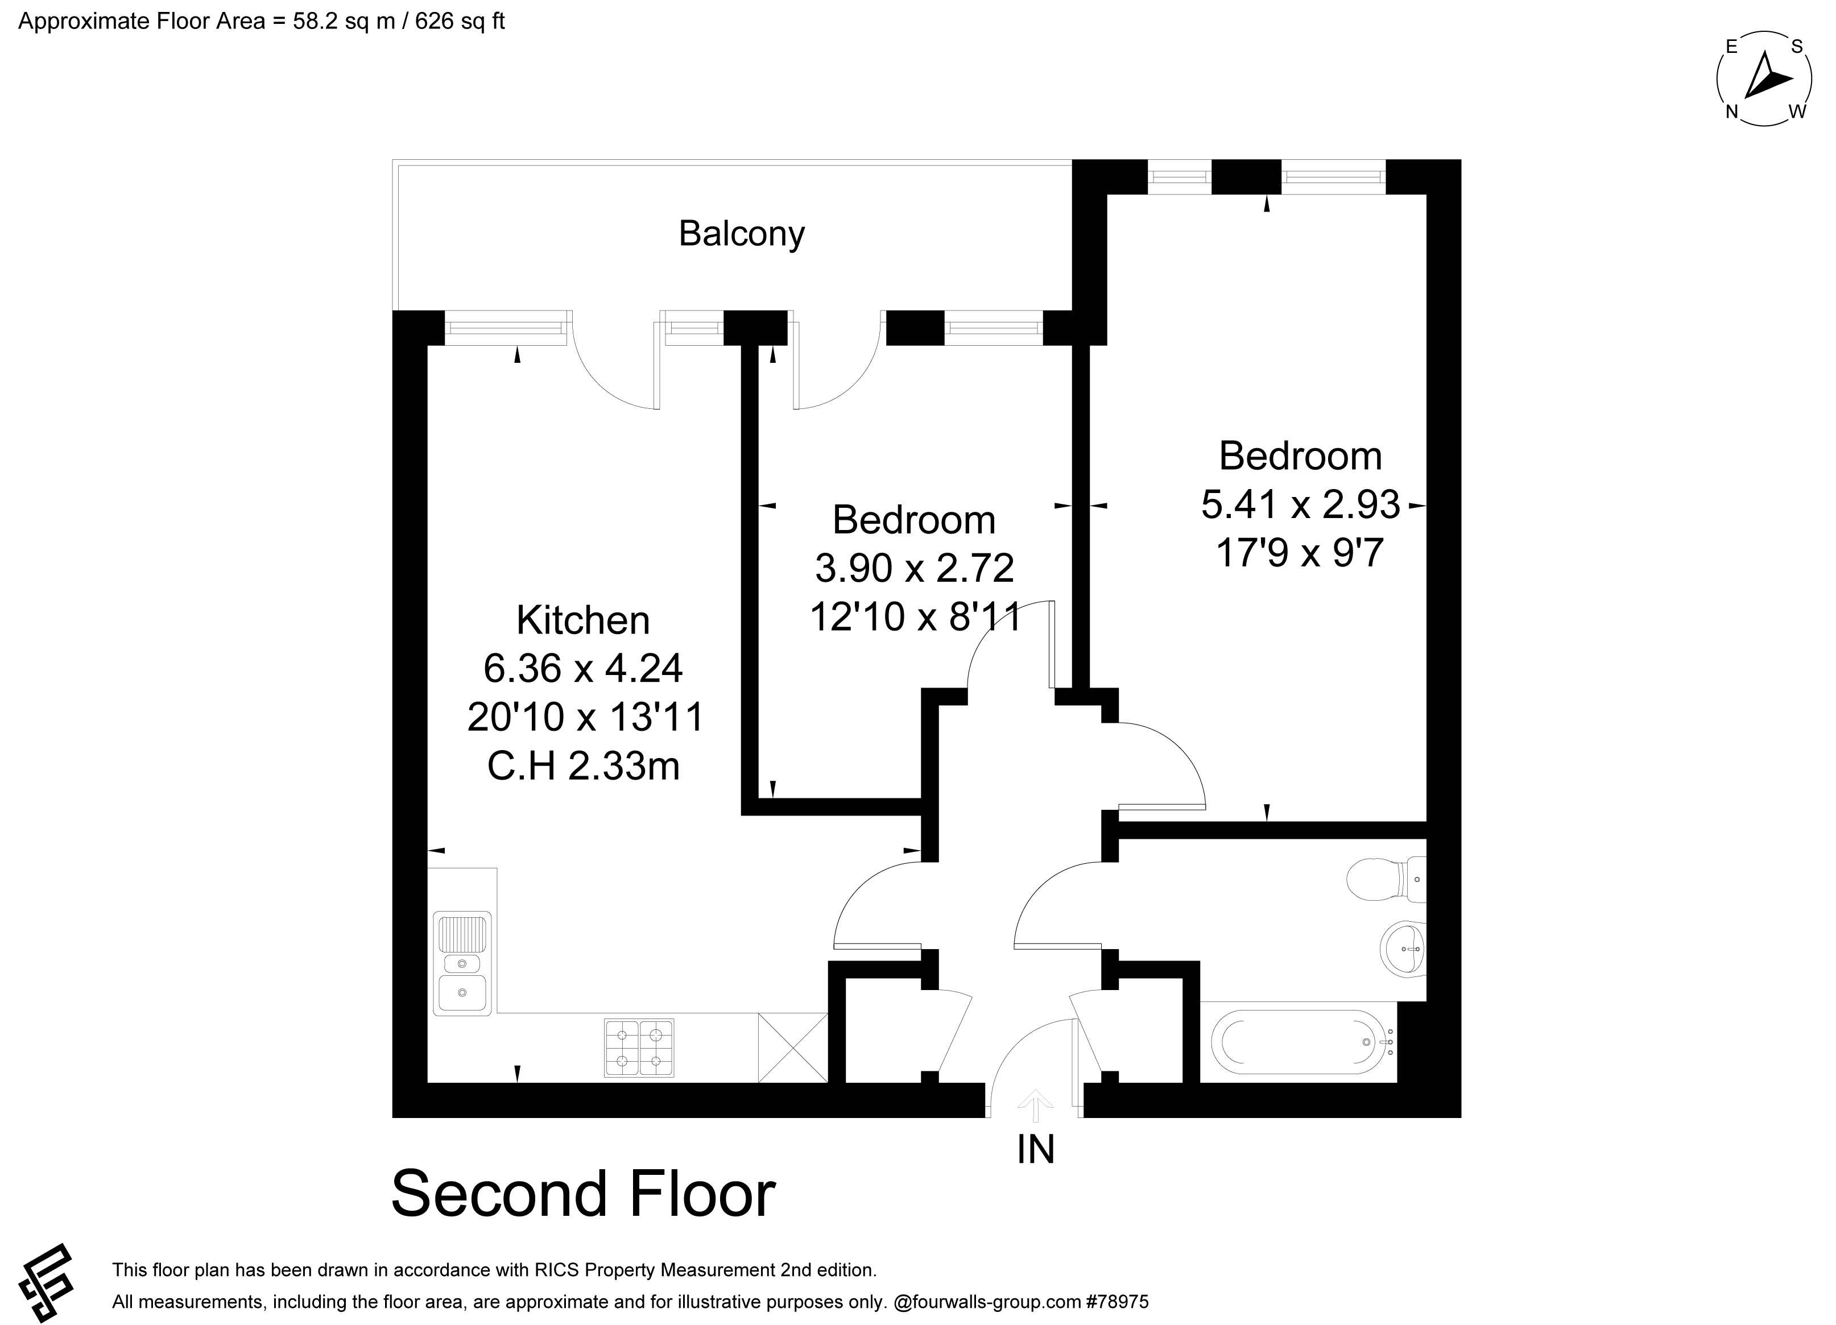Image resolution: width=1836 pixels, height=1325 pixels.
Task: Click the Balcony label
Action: (x=742, y=234)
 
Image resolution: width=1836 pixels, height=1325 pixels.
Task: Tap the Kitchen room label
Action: (x=583, y=621)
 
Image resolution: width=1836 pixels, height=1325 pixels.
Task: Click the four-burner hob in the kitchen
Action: (x=639, y=1048)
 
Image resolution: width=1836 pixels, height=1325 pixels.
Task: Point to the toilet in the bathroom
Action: (x=1386, y=879)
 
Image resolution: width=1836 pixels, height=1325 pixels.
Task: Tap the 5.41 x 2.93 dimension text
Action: (x=1300, y=505)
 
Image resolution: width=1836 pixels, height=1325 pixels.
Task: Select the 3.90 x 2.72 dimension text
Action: (x=914, y=568)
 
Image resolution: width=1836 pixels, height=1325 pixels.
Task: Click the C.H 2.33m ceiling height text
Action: (x=583, y=765)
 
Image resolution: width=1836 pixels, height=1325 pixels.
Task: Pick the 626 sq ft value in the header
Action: (x=460, y=21)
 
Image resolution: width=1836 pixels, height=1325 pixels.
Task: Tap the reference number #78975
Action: (x=1117, y=1302)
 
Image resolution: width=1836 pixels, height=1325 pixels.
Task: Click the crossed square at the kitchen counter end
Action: (x=792, y=1047)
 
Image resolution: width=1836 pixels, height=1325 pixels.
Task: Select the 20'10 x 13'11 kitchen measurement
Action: (x=585, y=717)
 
